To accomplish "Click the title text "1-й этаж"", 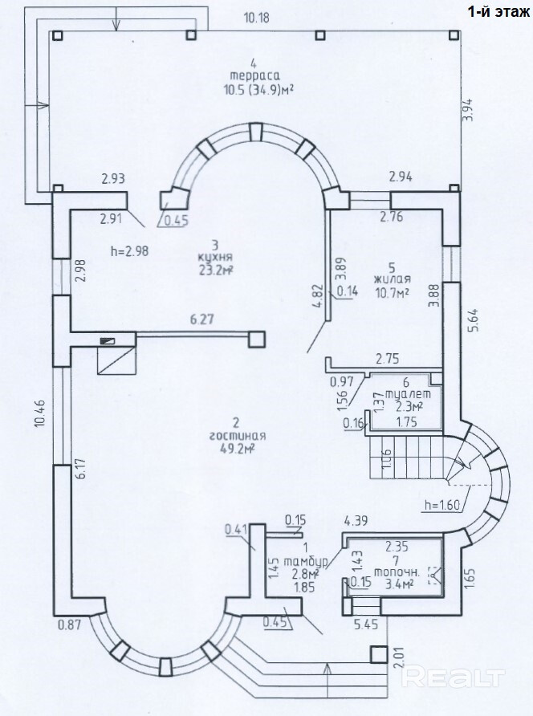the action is pyautogui.click(x=498, y=11).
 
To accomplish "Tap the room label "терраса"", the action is pyautogui.click(x=254, y=75).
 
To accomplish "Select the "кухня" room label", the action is pyautogui.click(x=216, y=256).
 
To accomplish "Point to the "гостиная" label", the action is pyautogui.click(x=238, y=436).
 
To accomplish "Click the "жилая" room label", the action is pyautogui.click(x=393, y=279).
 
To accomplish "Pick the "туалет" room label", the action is pyautogui.click(x=408, y=393).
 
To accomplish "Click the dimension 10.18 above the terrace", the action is pyautogui.click(x=257, y=18).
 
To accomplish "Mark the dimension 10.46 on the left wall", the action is pyautogui.click(x=41, y=412).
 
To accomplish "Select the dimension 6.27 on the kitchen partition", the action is pyautogui.click(x=201, y=319).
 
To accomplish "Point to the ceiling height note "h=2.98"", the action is pyautogui.click(x=130, y=250).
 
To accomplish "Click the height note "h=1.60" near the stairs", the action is pyautogui.click(x=442, y=505).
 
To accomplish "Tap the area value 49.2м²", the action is pyautogui.click(x=237, y=449).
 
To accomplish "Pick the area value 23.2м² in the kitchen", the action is pyautogui.click(x=216, y=270).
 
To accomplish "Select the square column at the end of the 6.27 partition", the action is pyautogui.click(x=257, y=340).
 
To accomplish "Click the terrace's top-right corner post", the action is pyautogui.click(x=454, y=35).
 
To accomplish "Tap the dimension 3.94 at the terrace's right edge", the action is pyautogui.click(x=469, y=110).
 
